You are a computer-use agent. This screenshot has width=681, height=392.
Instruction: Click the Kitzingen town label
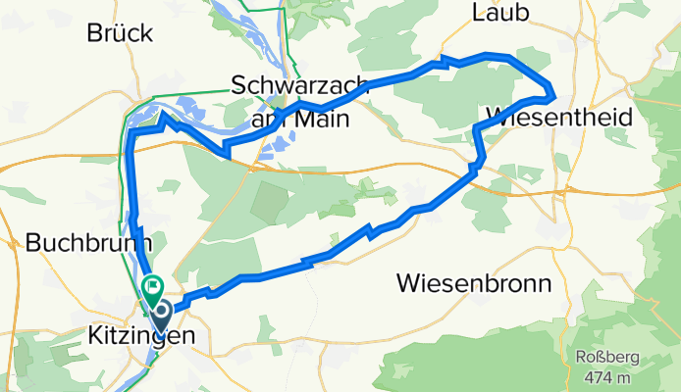point(145,336)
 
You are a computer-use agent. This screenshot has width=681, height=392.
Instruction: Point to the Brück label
point(120,32)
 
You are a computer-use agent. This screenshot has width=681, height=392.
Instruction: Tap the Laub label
point(501,12)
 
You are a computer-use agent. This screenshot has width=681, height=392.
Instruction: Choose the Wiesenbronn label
point(474,283)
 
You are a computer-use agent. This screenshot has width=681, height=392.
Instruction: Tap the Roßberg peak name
point(597,358)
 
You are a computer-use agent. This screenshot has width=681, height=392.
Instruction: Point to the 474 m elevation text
point(598,377)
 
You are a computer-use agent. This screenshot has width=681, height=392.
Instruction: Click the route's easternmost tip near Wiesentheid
point(555,96)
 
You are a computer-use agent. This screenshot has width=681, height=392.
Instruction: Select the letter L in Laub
point(479,12)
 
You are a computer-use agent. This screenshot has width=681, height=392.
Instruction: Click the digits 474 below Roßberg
point(587,377)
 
